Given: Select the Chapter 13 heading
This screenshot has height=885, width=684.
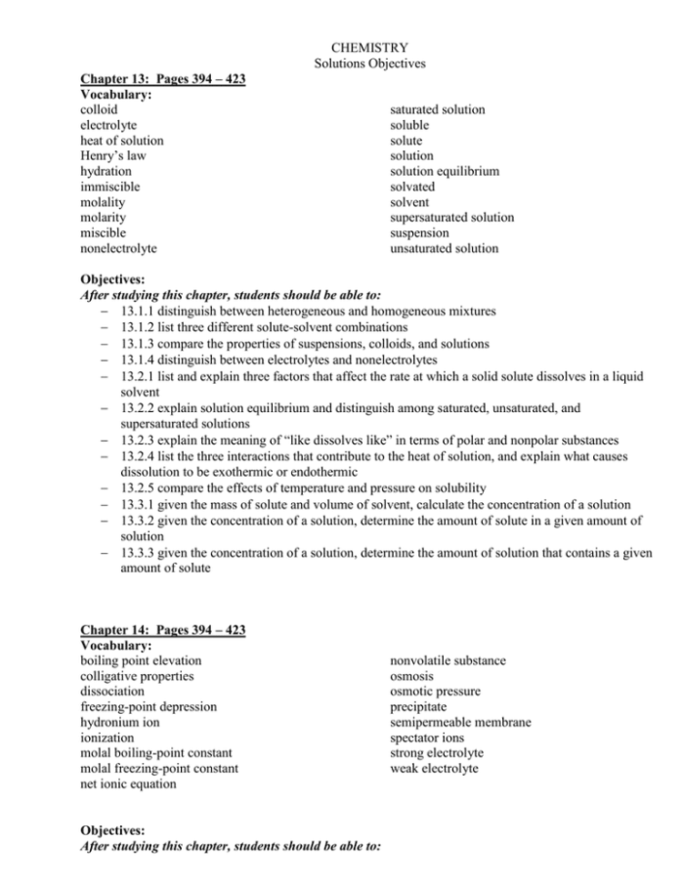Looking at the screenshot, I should (162, 79).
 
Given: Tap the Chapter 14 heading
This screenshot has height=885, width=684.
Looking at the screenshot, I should (162, 630).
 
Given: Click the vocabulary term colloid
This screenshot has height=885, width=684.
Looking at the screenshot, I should (99, 109).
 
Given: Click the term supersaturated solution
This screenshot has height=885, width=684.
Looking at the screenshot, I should (451, 218).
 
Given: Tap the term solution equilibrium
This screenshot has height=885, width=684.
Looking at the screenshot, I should (445, 171).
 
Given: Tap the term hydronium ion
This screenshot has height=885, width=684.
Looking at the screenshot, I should (119, 723).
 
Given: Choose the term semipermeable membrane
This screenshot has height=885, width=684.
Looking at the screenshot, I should (460, 723).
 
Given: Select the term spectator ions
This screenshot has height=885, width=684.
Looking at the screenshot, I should (427, 738).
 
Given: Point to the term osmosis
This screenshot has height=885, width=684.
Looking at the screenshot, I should (411, 676).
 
